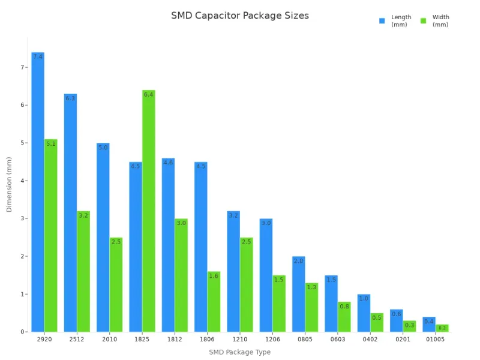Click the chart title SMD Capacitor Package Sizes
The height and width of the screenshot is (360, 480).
240,16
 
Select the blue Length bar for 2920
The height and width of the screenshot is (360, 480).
38,192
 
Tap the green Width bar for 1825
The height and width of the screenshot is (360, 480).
148,210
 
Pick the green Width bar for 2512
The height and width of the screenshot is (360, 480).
83,271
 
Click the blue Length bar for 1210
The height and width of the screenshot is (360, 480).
233,271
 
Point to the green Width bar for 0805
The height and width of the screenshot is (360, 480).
311,307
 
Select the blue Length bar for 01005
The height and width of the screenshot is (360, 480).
429,325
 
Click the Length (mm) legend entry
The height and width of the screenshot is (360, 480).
395,21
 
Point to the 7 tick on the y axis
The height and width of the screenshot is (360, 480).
23,67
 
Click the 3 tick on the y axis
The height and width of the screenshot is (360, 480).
23,218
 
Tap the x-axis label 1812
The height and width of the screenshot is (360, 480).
174,339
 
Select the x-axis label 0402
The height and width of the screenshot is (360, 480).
370,339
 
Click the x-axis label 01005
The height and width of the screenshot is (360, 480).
435,339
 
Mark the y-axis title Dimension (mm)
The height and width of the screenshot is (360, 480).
9,184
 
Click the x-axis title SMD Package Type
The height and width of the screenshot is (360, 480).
239,352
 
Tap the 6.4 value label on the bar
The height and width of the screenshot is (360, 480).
148,95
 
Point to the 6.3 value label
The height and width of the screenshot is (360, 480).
70,98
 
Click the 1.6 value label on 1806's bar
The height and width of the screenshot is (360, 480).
214,276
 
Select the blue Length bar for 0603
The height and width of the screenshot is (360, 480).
331,304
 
